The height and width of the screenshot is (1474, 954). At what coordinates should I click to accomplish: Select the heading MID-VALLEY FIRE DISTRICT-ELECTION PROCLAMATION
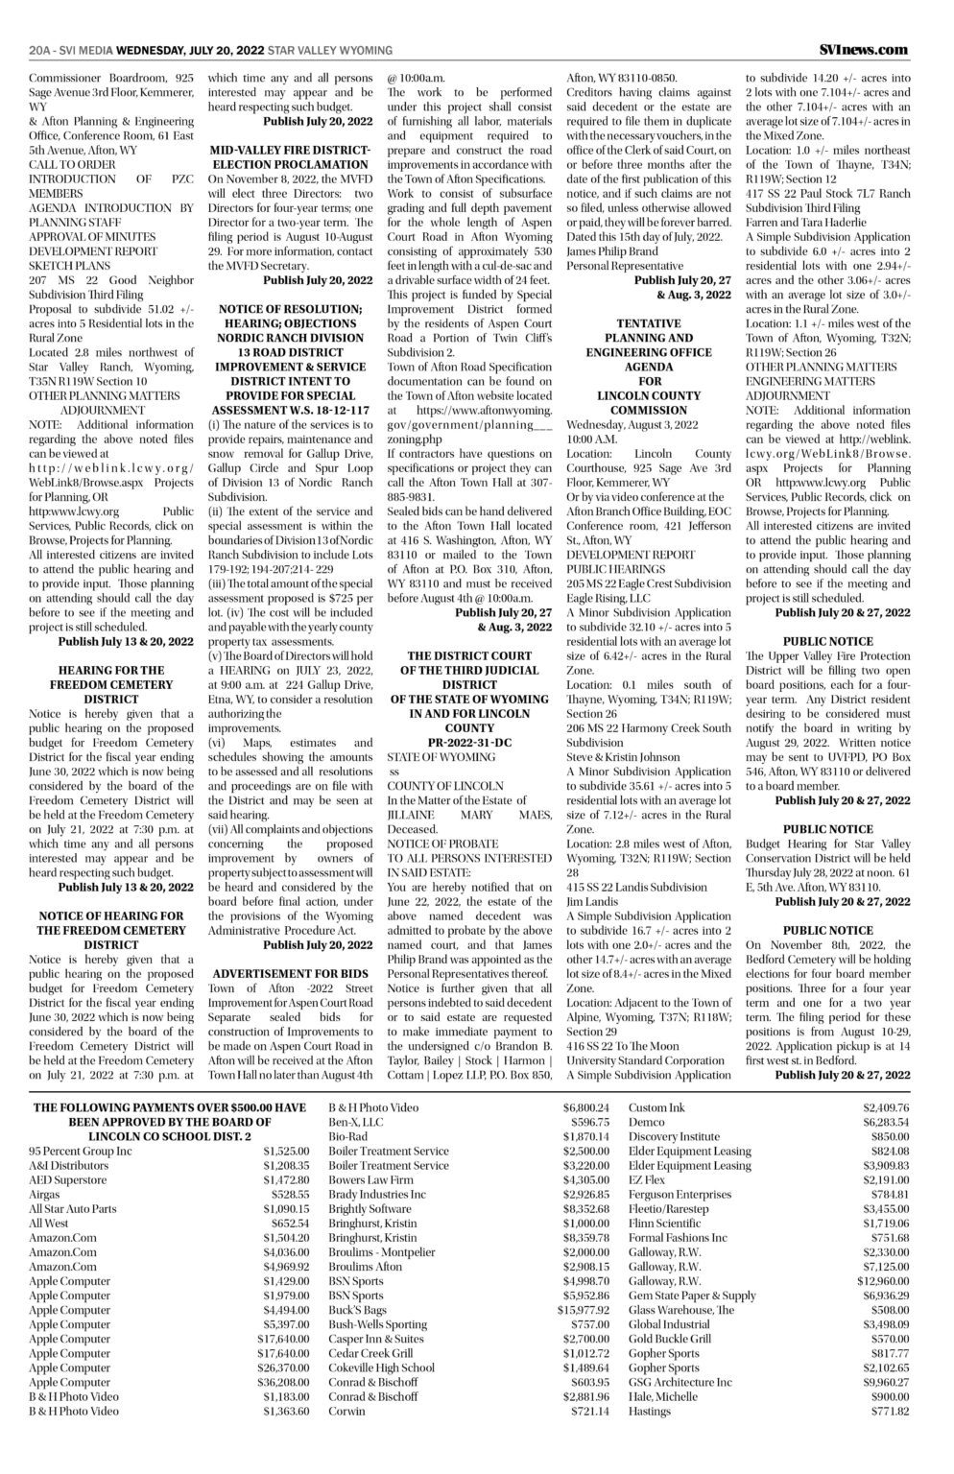point(289,158)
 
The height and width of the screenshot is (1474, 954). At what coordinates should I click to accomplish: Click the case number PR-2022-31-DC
point(465,743)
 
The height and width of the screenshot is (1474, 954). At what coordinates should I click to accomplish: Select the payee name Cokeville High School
point(381,1368)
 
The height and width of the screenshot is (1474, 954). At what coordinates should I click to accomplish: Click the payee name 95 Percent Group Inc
point(81,1151)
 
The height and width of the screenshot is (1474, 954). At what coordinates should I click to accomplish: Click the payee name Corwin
point(346,1412)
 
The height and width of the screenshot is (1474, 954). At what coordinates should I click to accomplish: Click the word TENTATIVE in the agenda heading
point(650,324)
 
